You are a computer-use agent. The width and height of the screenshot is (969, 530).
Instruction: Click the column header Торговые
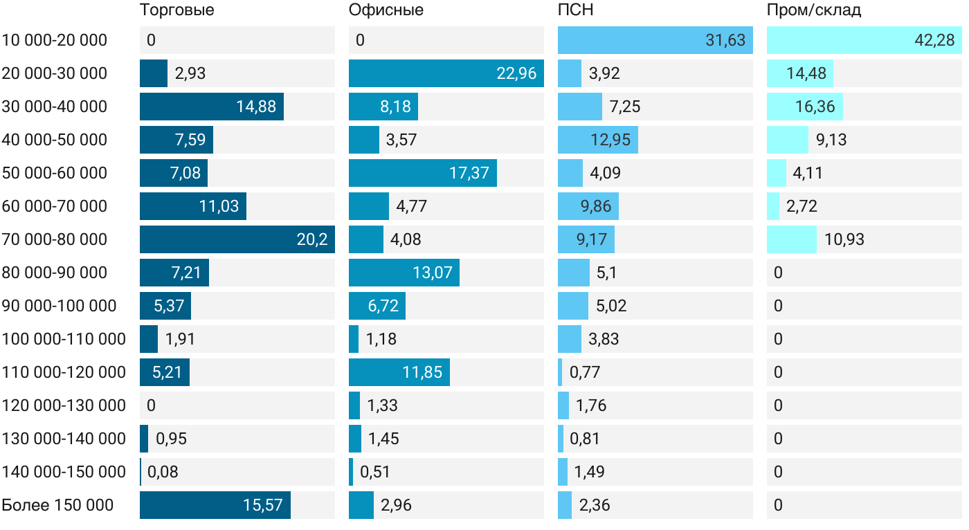pyautogui.click(x=176, y=10)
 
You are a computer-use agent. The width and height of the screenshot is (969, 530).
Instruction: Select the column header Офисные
pyautogui.click(x=386, y=10)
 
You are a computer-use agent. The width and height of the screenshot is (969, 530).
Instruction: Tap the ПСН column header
pyautogui.click(x=576, y=10)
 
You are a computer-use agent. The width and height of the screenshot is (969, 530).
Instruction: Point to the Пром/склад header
pyautogui.click(x=814, y=10)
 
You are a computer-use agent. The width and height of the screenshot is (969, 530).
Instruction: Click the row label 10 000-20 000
pyautogui.click(x=55, y=40)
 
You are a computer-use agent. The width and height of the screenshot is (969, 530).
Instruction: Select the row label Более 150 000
pyautogui.click(x=57, y=505)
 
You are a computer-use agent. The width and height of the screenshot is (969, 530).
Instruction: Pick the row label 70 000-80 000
pyautogui.click(x=55, y=239)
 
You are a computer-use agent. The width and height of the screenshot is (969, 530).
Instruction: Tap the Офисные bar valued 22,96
pyautogui.click(x=446, y=73)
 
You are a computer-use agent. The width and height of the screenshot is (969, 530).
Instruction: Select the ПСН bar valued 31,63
pyautogui.click(x=655, y=40)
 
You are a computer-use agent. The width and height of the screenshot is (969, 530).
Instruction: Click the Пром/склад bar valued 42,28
pyautogui.click(x=864, y=40)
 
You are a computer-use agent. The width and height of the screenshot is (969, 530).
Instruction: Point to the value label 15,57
pyautogui.click(x=263, y=505)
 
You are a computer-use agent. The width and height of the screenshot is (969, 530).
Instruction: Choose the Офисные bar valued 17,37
pyautogui.click(x=422, y=173)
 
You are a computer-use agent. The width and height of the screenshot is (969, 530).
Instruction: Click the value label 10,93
pyautogui.click(x=844, y=239)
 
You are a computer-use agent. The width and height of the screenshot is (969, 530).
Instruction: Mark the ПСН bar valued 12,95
pyautogui.click(x=597, y=140)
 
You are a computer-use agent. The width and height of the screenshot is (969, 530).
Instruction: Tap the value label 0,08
pyautogui.click(x=163, y=472)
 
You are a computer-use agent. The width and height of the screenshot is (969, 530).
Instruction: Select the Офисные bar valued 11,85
pyautogui.click(x=399, y=372)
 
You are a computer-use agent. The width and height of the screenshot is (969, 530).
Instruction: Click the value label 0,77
pyautogui.click(x=585, y=372)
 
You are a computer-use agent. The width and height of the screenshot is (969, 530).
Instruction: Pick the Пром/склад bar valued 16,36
pyautogui.click(x=804, y=107)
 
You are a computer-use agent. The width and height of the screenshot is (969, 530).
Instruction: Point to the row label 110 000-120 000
pyautogui.click(x=64, y=372)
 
